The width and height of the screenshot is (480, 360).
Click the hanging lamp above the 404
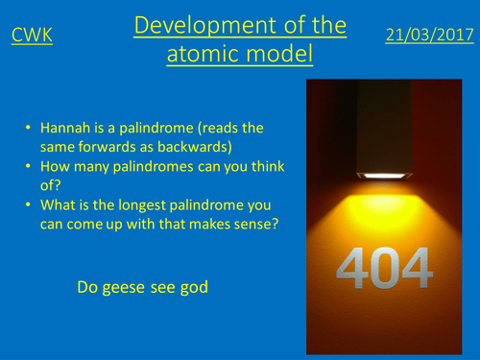point(382,134)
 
